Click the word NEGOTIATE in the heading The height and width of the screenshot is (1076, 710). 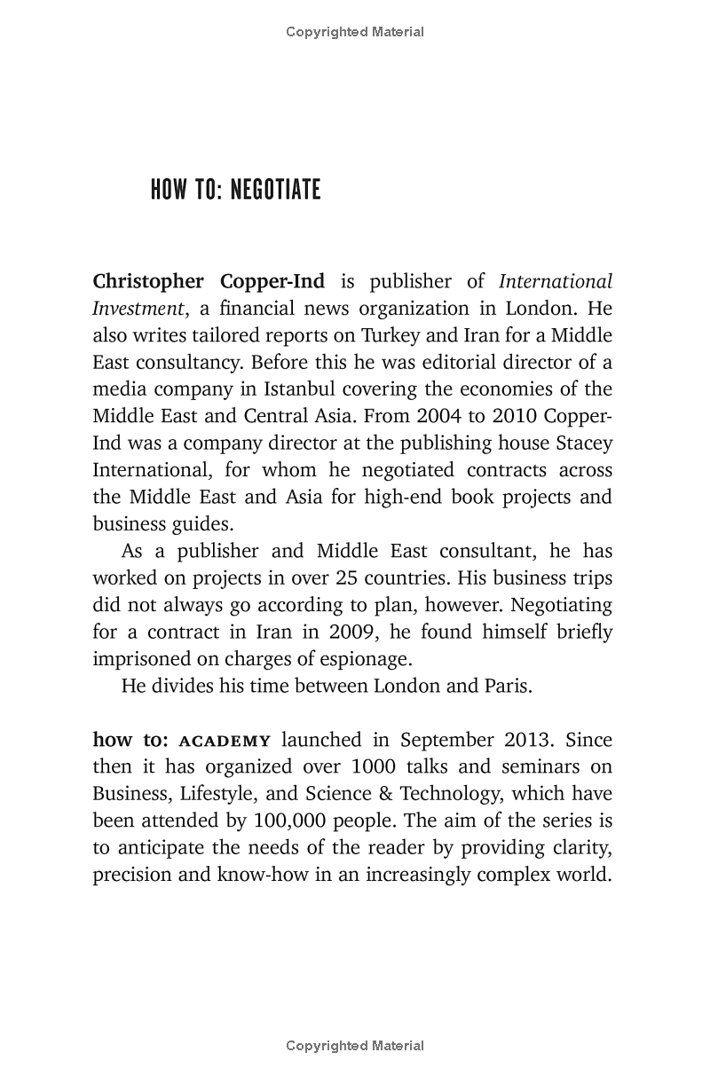[275, 190]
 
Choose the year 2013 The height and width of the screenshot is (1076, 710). [532, 740]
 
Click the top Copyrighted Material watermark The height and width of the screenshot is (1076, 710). [355, 32]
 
